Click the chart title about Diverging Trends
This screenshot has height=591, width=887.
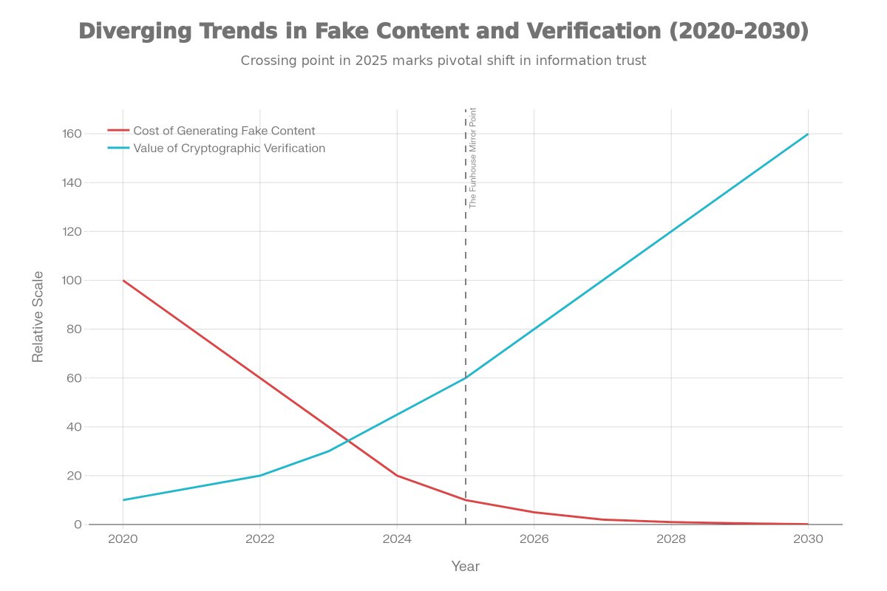pos(443,31)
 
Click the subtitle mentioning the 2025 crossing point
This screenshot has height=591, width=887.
pos(443,61)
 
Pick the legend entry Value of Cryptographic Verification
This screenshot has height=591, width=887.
pos(229,148)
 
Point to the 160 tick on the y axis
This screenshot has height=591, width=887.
pos(71,134)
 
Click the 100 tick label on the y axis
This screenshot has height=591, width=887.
pos(71,280)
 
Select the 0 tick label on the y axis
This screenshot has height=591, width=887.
pos(77,525)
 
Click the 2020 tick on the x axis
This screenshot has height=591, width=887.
pos(123,539)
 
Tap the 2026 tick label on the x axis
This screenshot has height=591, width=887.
pos(534,539)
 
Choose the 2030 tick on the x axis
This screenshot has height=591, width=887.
pos(808,539)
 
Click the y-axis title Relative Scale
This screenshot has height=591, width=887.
pos(38,316)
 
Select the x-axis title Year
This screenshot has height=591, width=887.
pos(466,567)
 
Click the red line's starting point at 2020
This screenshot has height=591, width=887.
pos(123,280)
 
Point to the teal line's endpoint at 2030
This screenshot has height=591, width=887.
pos(808,134)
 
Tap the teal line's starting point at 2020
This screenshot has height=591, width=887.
pos(123,500)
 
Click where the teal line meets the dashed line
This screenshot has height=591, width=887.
pos(466,378)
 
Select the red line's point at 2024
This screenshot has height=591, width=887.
pos(397,475)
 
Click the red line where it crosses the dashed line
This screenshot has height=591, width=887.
pos(466,500)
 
